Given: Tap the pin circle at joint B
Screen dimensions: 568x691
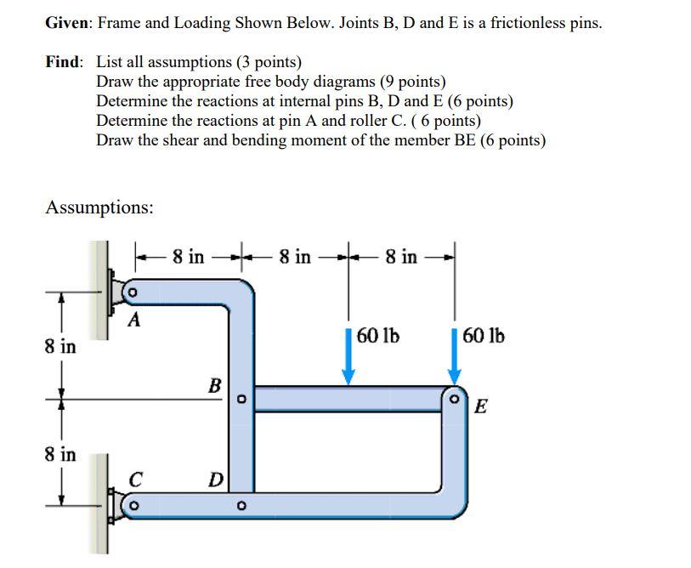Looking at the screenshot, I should click(241, 398).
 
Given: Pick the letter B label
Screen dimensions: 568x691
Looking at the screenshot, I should click(215, 386).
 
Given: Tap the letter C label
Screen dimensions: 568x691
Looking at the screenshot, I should click(134, 480).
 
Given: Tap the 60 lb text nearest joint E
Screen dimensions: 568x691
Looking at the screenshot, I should click(484, 336).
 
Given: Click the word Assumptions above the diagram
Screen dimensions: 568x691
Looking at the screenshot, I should click(99, 207).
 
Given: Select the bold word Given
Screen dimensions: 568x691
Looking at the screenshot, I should click(68, 23).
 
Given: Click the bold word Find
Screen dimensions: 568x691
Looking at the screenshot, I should click(65, 62).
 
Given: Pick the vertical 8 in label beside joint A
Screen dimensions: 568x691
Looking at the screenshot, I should click(60, 347).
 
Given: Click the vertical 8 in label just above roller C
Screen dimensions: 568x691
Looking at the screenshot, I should click(60, 454).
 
